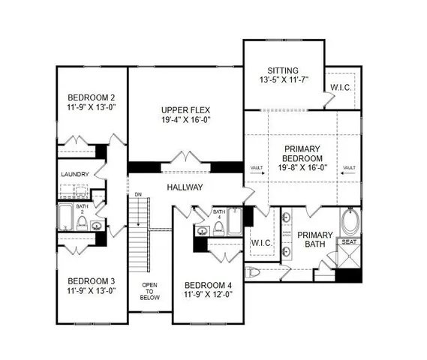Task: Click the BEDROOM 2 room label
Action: [91, 97]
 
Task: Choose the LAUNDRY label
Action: [75, 175]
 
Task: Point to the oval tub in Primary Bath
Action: [350, 223]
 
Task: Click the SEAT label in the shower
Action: [349, 242]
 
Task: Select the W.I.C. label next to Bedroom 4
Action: [262, 243]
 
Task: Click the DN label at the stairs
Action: [138, 195]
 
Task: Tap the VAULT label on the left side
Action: [257, 166]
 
